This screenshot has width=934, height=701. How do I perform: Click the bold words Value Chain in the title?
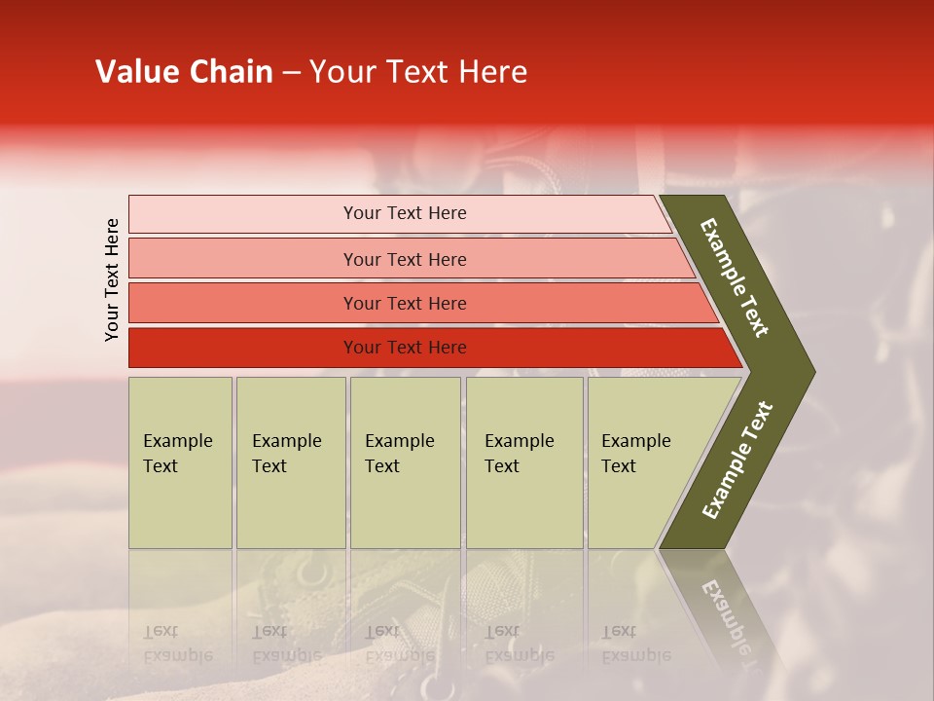pyautogui.click(x=184, y=72)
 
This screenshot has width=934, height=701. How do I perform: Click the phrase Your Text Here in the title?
pyautogui.click(x=418, y=72)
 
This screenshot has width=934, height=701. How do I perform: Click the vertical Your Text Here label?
pyautogui.click(x=112, y=279)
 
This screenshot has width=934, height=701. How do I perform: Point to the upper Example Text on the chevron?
pyautogui.click(x=735, y=277)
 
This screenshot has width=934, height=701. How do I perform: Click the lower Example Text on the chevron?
pyautogui.click(x=737, y=461)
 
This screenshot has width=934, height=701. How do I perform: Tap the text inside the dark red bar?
pyautogui.click(x=405, y=348)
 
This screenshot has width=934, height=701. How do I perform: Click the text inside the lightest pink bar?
pyautogui.click(x=405, y=213)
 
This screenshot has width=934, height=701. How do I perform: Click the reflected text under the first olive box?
pyautogui.click(x=177, y=644)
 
